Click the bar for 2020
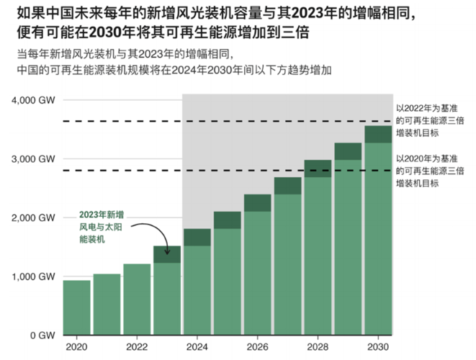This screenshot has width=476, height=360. pyautogui.click(x=76, y=307)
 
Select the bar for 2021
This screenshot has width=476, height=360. pyautogui.click(x=107, y=305)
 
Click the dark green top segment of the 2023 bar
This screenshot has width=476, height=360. pyautogui.click(x=167, y=254)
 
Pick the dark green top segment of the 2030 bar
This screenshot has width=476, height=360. pyautogui.click(x=378, y=135)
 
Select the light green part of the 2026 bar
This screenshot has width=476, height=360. pyautogui.click(x=257, y=274)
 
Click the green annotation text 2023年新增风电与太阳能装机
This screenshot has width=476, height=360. pyautogui.click(x=100, y=228)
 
